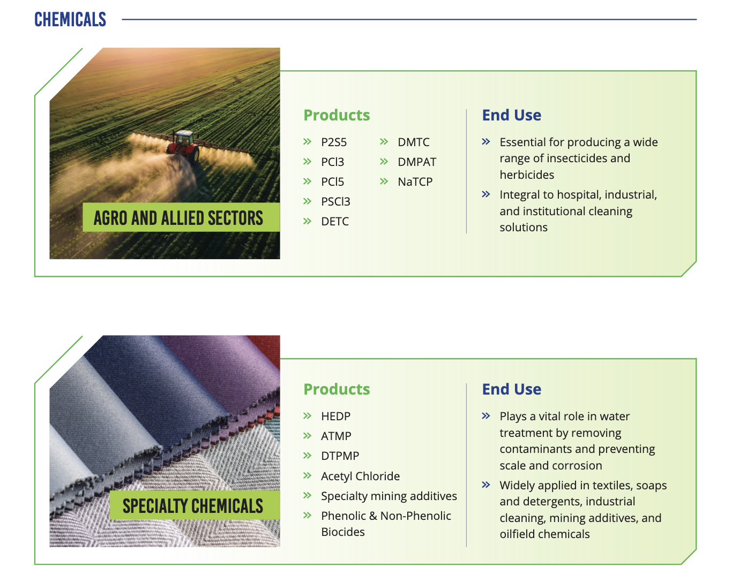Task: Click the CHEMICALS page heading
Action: [x=70, y=19]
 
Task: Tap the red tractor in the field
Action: [x=184, y=146]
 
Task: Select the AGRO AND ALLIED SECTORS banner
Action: [x=181, y=217]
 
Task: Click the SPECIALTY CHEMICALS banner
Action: [x=195, y=505]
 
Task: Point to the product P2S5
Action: [x=334, y=142]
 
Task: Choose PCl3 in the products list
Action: [x=332, y=162]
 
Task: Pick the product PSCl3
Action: [x=335, y=201]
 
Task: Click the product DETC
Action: [x=335, y=222]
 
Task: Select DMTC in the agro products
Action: [x=414, y=142]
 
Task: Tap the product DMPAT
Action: [x=417, y=162]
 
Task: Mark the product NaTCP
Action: [x=415, y=182]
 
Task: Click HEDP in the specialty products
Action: [x=336, y=416]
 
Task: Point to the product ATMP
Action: [x=336, y=436]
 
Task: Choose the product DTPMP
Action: [x=340, y=456]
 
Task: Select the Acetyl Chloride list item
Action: [x=361, y=476]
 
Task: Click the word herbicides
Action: [x=527, y=175]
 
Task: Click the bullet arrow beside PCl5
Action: [x=307, y=181]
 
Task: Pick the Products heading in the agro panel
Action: [x=337, y=115]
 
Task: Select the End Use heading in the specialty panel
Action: [x=512, y=389]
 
